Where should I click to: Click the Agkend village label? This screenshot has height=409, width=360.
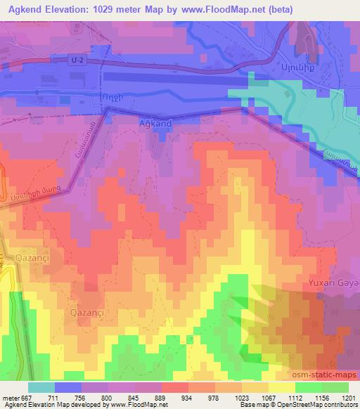151,122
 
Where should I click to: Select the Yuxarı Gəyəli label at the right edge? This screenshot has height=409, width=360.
333,283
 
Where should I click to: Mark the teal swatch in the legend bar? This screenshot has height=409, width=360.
41,387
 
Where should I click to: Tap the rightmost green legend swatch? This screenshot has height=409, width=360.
334,387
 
